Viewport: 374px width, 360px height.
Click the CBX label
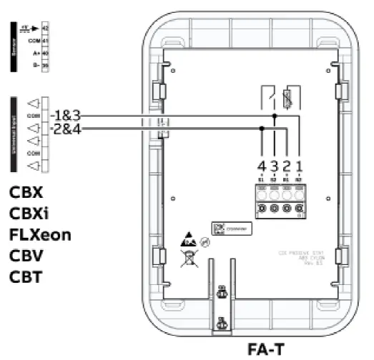(26, 193)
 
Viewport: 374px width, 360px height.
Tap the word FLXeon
(40, 234)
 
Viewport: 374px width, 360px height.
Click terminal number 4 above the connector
(262, 166)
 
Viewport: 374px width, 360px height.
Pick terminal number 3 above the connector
(275, 166)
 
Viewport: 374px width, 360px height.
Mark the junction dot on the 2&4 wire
(262, 129)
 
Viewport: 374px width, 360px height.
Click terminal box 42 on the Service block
(45, 26)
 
